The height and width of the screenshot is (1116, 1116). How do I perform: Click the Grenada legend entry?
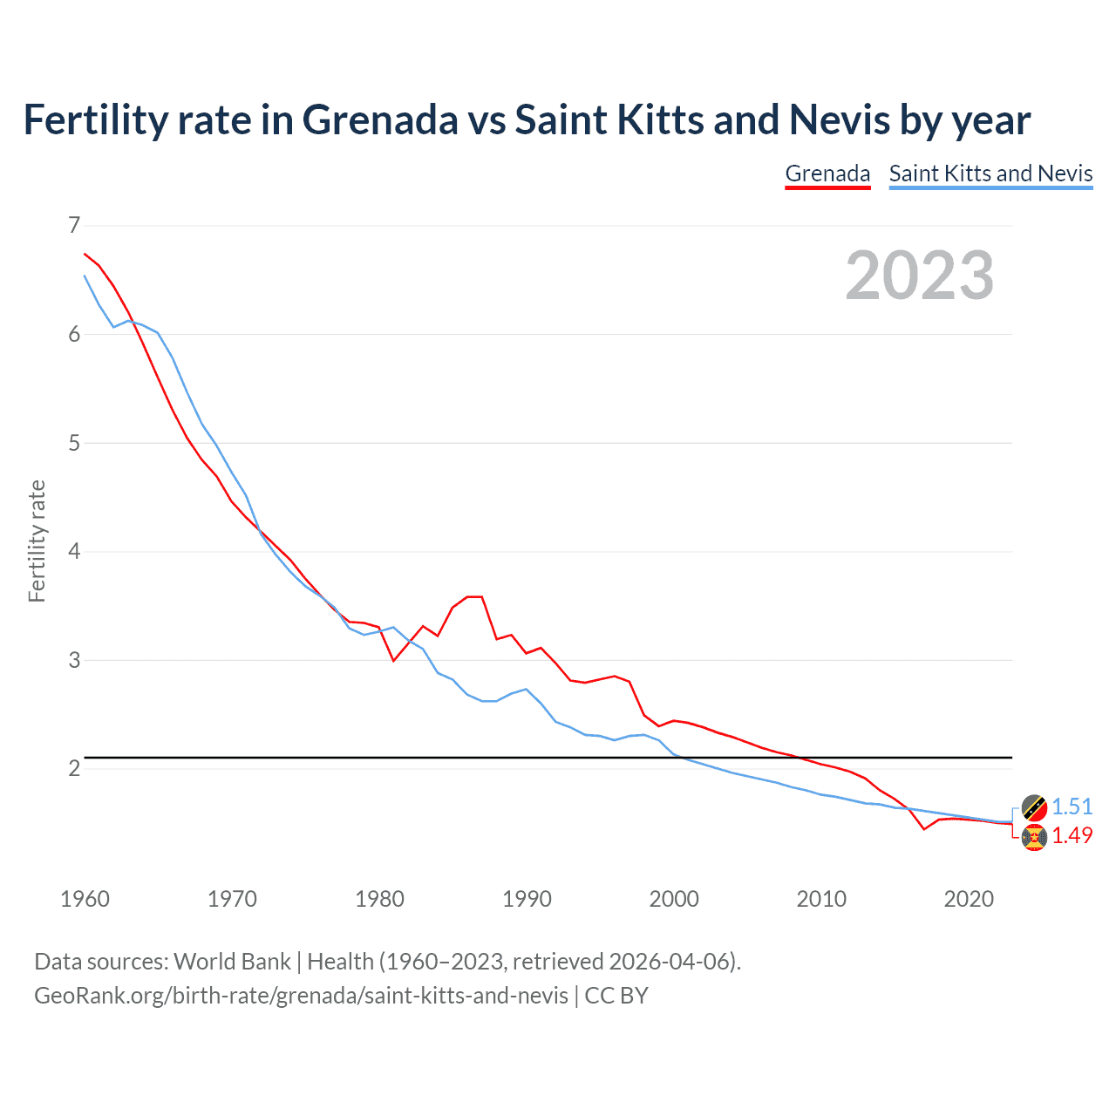(x=827, y=174)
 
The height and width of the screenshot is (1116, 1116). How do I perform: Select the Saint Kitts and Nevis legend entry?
(x=990, y=174)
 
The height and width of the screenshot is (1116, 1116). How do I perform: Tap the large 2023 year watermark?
(x=919, y=276)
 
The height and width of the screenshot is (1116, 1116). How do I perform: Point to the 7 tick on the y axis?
(x=74, y=226)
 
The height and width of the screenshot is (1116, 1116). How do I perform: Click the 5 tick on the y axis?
(x=74, y=443)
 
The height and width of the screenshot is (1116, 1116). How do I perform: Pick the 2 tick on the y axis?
(x=74, y=768)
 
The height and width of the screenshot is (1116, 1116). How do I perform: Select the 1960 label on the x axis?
(x=85, y=899)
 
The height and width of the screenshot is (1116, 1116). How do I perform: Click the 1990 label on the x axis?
(x=527, y=899)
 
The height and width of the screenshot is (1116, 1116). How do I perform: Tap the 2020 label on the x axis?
(x=969, y=899)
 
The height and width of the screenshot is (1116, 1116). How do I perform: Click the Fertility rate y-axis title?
(x=37, y=541)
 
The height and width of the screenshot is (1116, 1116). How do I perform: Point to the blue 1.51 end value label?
(x=1072, y=807)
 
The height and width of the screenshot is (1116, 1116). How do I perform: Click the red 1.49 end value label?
(x=1072, y=836)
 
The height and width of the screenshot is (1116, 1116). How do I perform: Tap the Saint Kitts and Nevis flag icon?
(x=1034, y=807)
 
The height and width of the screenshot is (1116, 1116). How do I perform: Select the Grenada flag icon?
(x=1034, y=837)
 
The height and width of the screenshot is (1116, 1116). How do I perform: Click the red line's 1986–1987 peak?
(x=475, y=596)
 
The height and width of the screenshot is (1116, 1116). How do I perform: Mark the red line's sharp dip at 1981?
(x=393, y=661)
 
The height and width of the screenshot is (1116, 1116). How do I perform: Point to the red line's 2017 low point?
(x=924, y=829)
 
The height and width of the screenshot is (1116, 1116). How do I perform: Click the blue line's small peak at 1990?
(x=526, y=689)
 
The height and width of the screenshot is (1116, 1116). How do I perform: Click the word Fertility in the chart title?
(x=96, y=119)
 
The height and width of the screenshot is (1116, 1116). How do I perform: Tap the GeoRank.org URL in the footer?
(x=301, y=996)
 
